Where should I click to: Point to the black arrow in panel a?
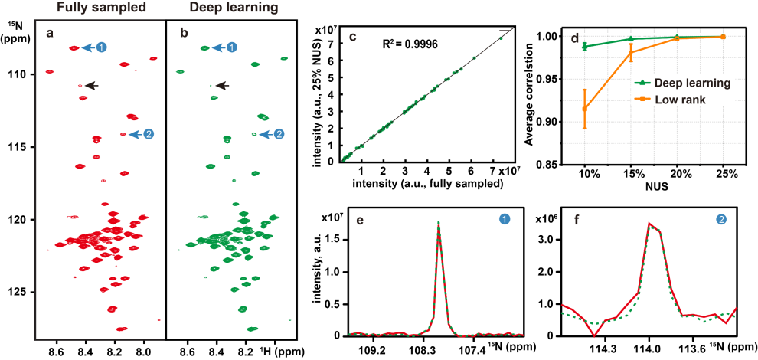coord(92,86)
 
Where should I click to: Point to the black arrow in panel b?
coord(222,86)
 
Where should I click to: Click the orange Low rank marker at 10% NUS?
coord(586,109)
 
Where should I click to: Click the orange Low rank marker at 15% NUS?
coord(631,52)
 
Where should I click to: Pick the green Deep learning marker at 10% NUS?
coord(586,46)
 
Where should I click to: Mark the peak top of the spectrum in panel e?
coord(438,223)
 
